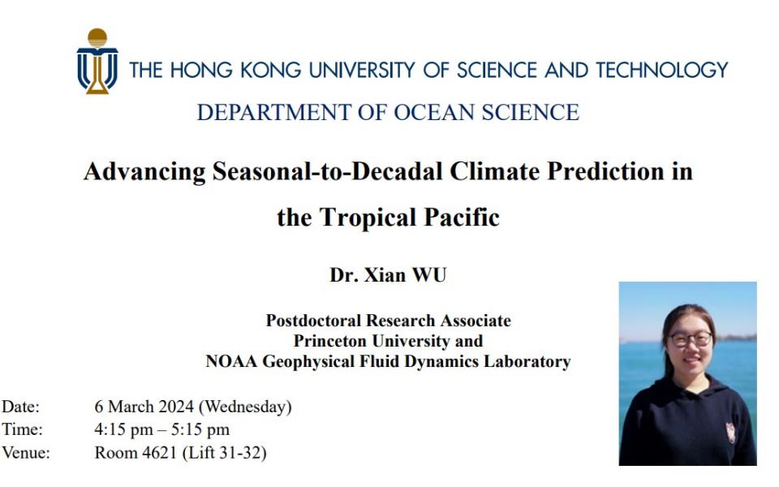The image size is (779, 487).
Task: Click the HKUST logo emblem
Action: [x=97, y=61]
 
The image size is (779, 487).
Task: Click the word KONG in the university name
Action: [x=271, y=70]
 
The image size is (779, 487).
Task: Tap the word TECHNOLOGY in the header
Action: [x=662, y=70]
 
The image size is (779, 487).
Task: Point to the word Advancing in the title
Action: [x=144, y=172]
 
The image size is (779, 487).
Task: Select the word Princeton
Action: [x=330, y=341]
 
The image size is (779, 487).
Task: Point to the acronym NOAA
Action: [x=231, y=361]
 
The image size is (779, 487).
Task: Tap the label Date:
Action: [x=20, y=407]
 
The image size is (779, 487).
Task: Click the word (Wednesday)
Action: [x=245, y=407]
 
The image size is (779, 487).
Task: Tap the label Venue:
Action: [x=26, y=453]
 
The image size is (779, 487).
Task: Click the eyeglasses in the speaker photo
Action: [x=691, y=339]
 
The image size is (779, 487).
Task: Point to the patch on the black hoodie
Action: [x=731, y=433]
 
